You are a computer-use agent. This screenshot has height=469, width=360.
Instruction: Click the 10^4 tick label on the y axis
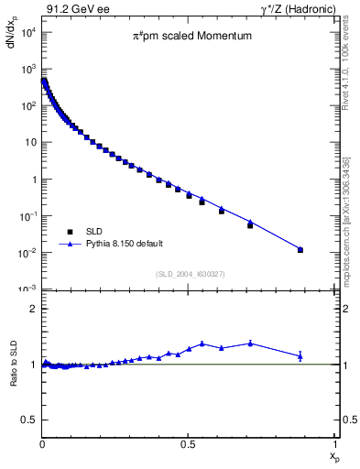point(28,32)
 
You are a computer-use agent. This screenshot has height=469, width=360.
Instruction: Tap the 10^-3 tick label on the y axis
point(28,289)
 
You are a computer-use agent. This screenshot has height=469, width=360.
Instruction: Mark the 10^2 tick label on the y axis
point(28,105)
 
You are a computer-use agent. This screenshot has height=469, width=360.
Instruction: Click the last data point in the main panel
point(300,249)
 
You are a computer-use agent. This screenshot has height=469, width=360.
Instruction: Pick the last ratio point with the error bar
point(300,355)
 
